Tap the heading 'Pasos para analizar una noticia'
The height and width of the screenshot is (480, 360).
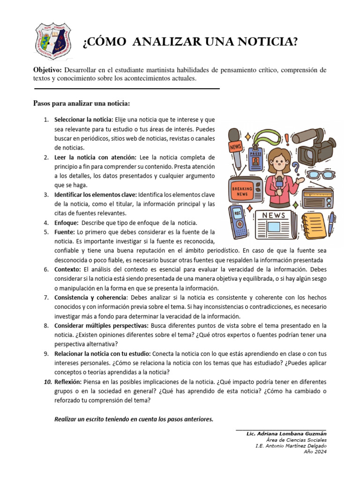tap(81, 103)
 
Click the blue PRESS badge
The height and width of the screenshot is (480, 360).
tap(256, 159)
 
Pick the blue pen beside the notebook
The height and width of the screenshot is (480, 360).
tap(331, 224)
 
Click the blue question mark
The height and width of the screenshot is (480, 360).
tap(295, 167)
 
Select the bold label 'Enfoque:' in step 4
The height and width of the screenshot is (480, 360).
tap(66, 222)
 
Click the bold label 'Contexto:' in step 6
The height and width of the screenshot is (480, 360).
tap(68, 269)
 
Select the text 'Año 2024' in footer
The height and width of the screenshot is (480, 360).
tap(315, 452)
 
